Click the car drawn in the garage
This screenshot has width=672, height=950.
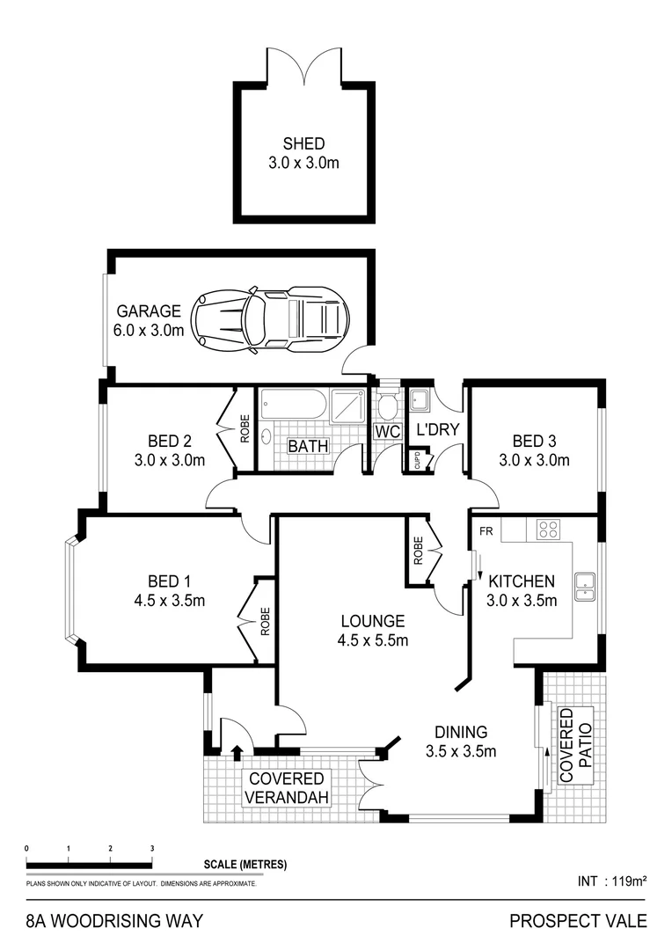271,319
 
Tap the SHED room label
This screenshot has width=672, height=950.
303,143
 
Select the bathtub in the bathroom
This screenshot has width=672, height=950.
294,406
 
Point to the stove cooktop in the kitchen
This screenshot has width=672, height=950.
548,529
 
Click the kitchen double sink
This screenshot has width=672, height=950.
585,586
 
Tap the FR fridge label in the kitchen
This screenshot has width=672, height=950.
486,530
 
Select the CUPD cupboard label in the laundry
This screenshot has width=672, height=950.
417,460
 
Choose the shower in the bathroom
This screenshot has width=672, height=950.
348,406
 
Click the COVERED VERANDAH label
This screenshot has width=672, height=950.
287,788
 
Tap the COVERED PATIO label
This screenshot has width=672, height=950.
575,746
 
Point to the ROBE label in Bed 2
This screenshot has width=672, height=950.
245,428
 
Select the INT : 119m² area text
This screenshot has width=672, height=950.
610,880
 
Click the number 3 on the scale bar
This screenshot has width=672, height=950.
152,848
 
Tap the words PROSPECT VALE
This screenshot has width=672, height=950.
578,921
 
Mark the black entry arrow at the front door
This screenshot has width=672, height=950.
236,749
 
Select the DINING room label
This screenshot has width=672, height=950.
461,732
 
